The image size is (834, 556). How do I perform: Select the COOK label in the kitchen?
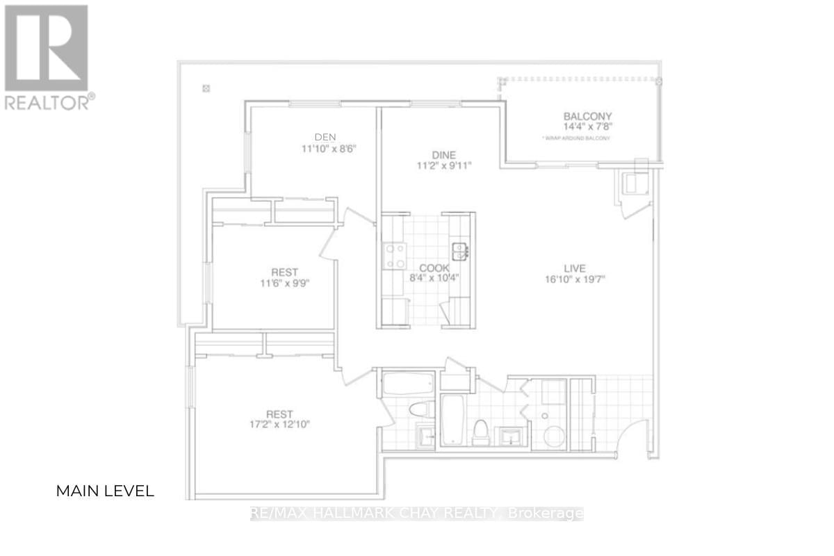(434, 268)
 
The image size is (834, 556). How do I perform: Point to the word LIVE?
(574, 268)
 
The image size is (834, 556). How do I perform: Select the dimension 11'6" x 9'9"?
(284, 283)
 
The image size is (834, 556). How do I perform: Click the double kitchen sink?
(459, 250)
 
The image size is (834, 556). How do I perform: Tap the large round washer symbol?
(554, 436)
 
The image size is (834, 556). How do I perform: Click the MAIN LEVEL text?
(104, 491)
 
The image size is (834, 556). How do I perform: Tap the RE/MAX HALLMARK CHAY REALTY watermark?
(416, 514)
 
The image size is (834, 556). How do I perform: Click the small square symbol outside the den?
(206, 88)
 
